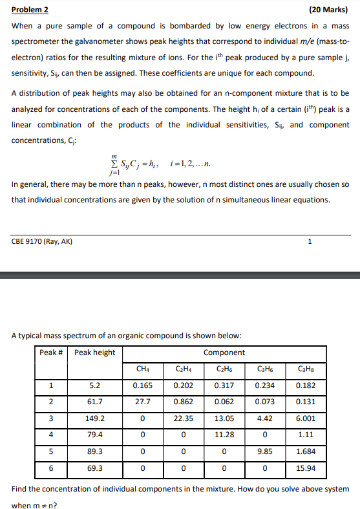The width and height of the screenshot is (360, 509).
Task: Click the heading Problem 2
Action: (x=30, y=10)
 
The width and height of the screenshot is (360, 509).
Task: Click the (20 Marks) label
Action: (x=328, y=10)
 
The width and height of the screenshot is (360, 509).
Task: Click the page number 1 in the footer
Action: (x=310, y=243)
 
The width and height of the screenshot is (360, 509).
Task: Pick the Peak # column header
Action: (x=52, y=352)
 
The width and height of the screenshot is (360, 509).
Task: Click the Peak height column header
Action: (x=94, y=352)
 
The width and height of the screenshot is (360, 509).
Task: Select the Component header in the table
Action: (x=224, y=352)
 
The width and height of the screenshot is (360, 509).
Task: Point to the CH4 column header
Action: (x=142, y=369)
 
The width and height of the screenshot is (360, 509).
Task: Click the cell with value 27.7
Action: (x=142, y=402)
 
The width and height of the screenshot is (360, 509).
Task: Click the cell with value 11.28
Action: (x=224, y=435)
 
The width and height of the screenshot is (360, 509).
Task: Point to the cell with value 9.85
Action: (x=264, y=451)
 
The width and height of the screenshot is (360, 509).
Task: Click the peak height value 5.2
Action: (x=94, y=386)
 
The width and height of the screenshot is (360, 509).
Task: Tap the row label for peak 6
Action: (x=51, y=468)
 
